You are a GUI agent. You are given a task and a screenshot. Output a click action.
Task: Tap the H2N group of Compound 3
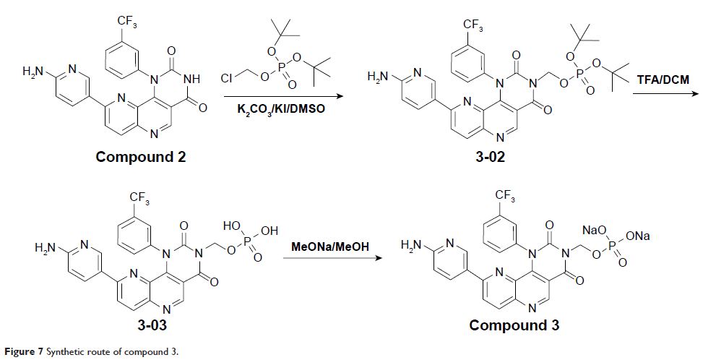tap(413, 246)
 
